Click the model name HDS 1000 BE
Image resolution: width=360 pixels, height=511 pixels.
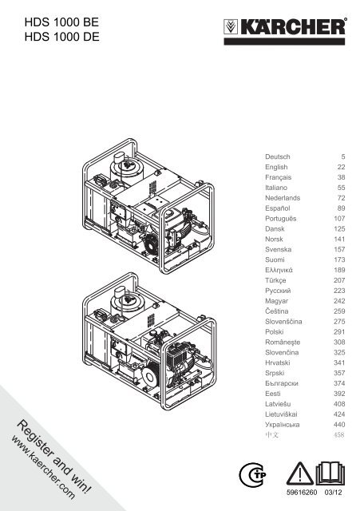61,22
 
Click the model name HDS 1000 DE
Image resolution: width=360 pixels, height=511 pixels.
62,37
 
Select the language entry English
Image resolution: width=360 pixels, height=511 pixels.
276,167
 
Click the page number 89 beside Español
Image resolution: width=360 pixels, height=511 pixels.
341,208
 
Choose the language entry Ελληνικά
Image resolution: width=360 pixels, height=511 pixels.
279,270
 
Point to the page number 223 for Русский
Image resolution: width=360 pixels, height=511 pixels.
339,291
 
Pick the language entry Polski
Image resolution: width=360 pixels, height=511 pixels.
275,332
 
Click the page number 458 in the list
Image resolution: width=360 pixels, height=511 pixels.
338,434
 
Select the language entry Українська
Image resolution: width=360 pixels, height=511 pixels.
282,425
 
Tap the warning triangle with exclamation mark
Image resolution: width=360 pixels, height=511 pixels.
299,473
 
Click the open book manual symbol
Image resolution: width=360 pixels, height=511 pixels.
330,473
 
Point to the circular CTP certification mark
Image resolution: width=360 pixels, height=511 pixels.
252,474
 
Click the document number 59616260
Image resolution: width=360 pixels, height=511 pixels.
302,493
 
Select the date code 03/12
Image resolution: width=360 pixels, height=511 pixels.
334,493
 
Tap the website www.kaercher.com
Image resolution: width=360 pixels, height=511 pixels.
43,468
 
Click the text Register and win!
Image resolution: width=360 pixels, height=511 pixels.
54,456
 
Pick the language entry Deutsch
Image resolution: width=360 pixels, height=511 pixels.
277,156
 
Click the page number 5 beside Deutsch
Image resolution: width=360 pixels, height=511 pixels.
343,156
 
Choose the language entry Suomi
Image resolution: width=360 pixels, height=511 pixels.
275,259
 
